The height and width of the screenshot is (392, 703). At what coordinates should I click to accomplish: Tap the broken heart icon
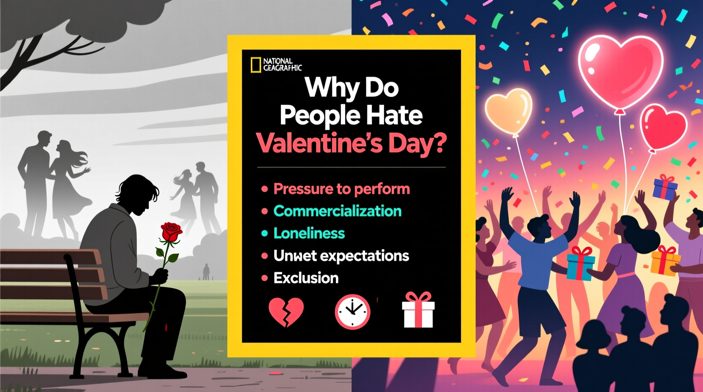tap(286, 312)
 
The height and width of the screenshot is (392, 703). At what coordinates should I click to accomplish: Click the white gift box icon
tap(418, 311)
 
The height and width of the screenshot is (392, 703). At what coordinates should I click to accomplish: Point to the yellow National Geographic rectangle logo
tap(256, 65)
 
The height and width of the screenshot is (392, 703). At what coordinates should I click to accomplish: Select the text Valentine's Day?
tap(351, 143)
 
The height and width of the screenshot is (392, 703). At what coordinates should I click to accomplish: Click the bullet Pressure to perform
tap(341, 189)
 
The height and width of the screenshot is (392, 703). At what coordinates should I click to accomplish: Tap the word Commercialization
tap(337, 211)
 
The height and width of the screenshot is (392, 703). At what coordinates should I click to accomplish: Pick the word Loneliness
tap(309, 233)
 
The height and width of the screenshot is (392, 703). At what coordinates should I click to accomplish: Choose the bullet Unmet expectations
tap(341, 256)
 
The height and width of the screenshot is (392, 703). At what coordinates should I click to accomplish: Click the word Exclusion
tap(306, 278)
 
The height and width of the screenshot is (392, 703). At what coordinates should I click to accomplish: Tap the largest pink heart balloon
tap(620, 70)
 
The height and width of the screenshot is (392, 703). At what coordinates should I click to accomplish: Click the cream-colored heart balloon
tap(509, 111)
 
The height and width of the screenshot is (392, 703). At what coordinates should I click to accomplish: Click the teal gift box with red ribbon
tap(580, 264)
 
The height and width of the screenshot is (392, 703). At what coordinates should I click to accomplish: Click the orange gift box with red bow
tap(665, 261)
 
